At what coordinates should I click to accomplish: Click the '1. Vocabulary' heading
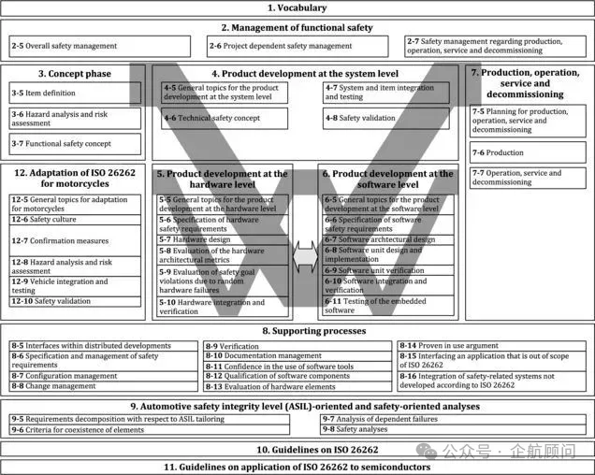297,8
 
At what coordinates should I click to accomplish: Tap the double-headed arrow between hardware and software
305,252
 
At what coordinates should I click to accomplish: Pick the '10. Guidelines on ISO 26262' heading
297,450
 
